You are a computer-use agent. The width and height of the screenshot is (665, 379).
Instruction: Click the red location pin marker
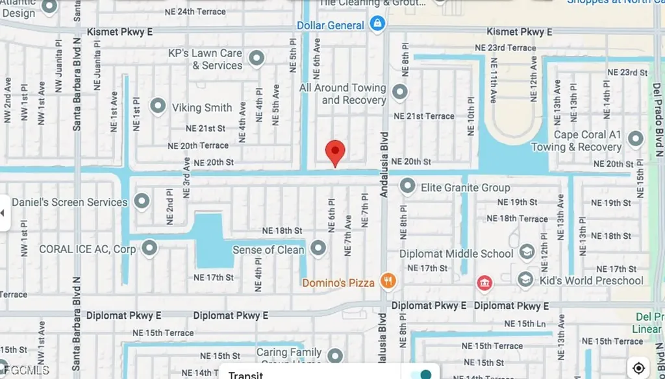pos(335,152)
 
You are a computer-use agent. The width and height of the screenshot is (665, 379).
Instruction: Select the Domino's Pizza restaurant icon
pos(388,281)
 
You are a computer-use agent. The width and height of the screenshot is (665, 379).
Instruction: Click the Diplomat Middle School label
pos(456,254)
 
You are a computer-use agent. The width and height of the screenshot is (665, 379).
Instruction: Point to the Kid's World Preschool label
pos(591,280)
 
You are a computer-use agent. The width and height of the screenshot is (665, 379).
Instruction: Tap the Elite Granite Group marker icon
pos(408,187)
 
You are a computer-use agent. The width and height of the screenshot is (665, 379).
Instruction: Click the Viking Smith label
pos(201,108)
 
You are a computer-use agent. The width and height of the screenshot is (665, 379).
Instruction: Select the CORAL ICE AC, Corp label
pos(87,249)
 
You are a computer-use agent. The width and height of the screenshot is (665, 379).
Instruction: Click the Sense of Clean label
pos(268,250)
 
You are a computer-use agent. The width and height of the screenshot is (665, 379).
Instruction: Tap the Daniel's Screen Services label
pos(69,202)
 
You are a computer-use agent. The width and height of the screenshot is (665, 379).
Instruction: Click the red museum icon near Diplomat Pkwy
pos(484,283)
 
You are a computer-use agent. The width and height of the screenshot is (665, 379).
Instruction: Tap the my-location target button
pos(639,367)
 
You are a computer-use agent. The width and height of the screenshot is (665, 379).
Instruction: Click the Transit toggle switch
pos(423,374)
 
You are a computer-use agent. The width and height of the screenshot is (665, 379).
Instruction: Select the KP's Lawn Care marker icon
pos(257,59)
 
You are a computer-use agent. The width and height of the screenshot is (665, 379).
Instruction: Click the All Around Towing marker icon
pos(400,92)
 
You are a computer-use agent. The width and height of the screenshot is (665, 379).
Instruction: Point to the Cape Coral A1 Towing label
pos(586,141)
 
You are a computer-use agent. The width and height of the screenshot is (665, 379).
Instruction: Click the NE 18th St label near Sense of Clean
pos(282,230)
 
